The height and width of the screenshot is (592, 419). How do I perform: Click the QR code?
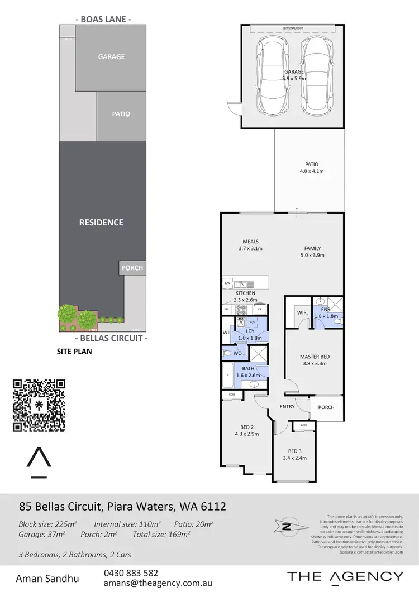[39, 406]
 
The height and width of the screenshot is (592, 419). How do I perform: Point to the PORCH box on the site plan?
[132, 268]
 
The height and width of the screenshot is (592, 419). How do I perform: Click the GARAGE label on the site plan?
[111, 57]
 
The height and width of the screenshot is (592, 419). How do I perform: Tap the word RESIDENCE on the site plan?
[101, 223]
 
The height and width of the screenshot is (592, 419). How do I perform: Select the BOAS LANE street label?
[103, 19]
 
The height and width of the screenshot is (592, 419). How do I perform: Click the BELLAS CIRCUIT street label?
[111, 338]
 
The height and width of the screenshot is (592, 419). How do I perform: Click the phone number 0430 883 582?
[131, 573]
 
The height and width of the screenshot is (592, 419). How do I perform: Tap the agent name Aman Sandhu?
[47, 577]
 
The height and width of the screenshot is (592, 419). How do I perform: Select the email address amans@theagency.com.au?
[158, 583]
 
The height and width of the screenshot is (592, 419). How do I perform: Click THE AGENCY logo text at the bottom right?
[345, 576]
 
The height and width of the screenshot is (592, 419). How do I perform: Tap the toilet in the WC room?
[227, 354]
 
